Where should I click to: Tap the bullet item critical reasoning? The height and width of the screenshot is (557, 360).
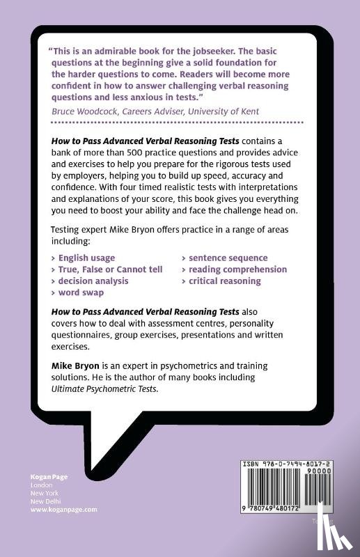pos(224,281)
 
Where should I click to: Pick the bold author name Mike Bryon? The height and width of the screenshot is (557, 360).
pos(72,366)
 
